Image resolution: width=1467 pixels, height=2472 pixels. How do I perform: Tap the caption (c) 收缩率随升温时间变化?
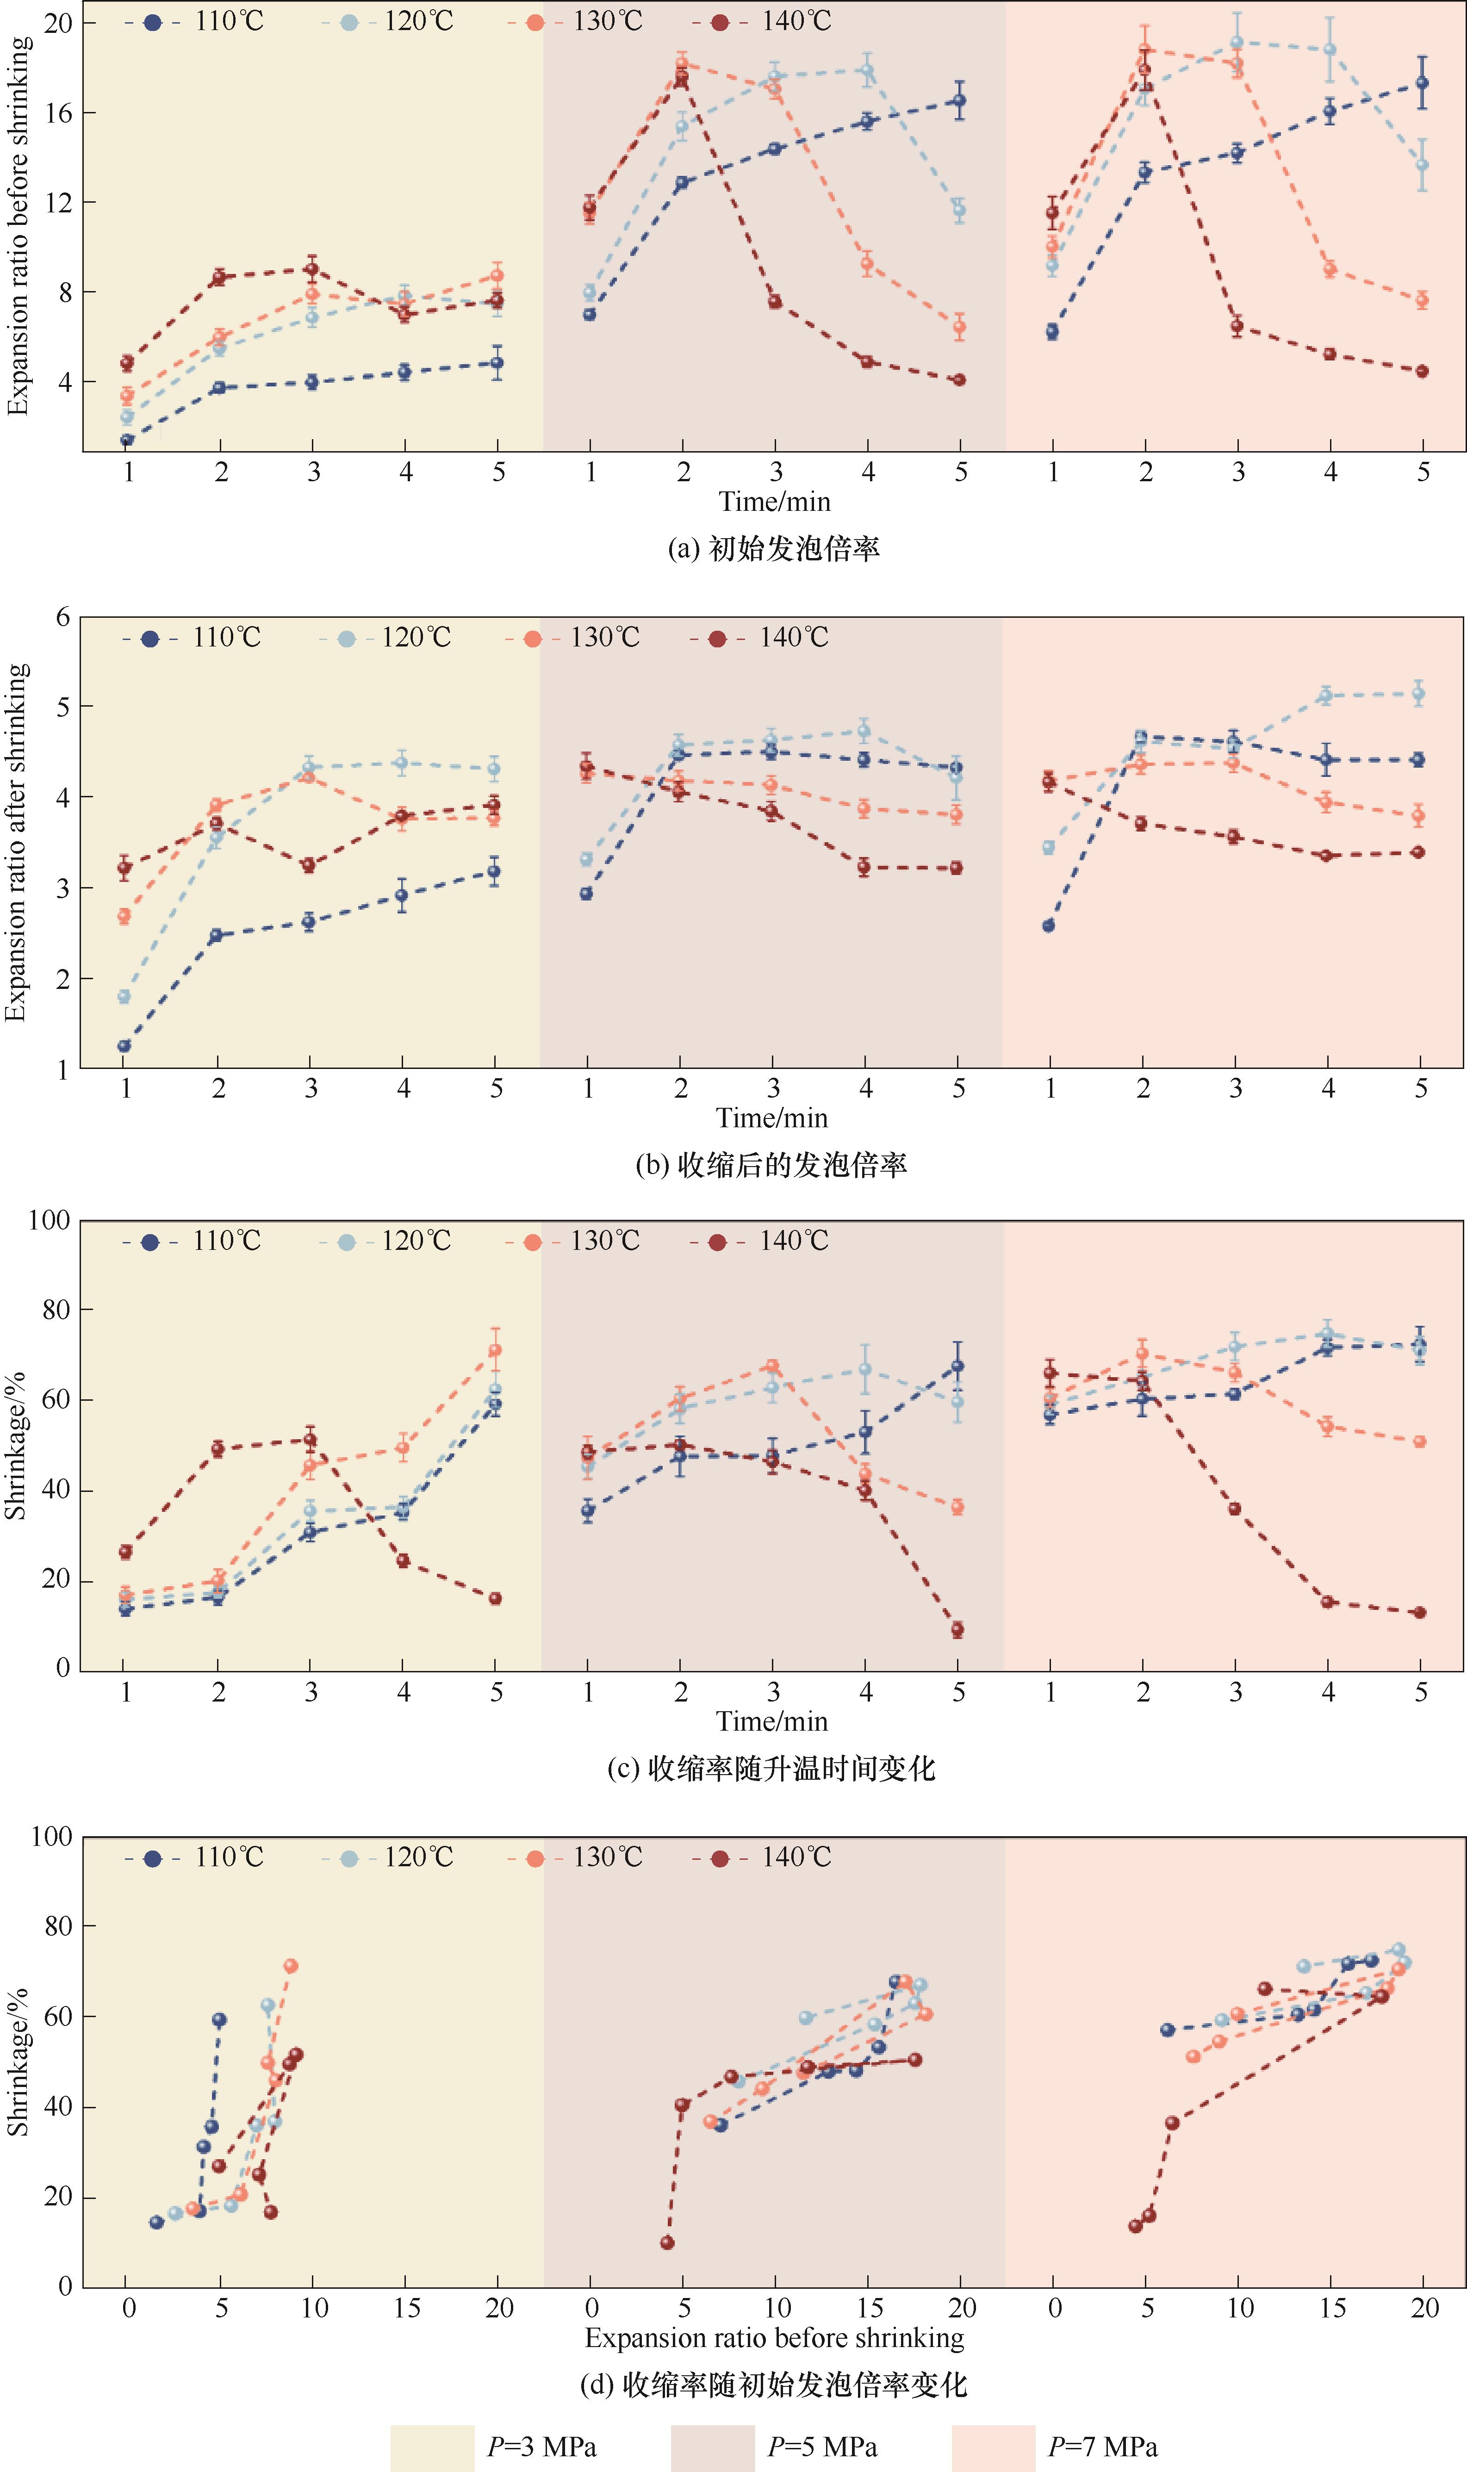[x=771, y=1768]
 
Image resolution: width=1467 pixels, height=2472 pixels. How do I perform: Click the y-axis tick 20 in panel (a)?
[x=59, y=22]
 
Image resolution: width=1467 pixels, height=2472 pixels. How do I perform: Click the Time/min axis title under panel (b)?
[x=772, y=1118]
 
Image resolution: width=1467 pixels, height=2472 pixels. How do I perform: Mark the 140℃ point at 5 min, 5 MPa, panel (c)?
[x=957, y=1630]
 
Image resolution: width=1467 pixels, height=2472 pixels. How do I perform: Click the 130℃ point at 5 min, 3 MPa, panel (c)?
[x=495, y=1350]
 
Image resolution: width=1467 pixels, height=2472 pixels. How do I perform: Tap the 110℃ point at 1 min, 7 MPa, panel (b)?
[x=1049, y=925]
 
